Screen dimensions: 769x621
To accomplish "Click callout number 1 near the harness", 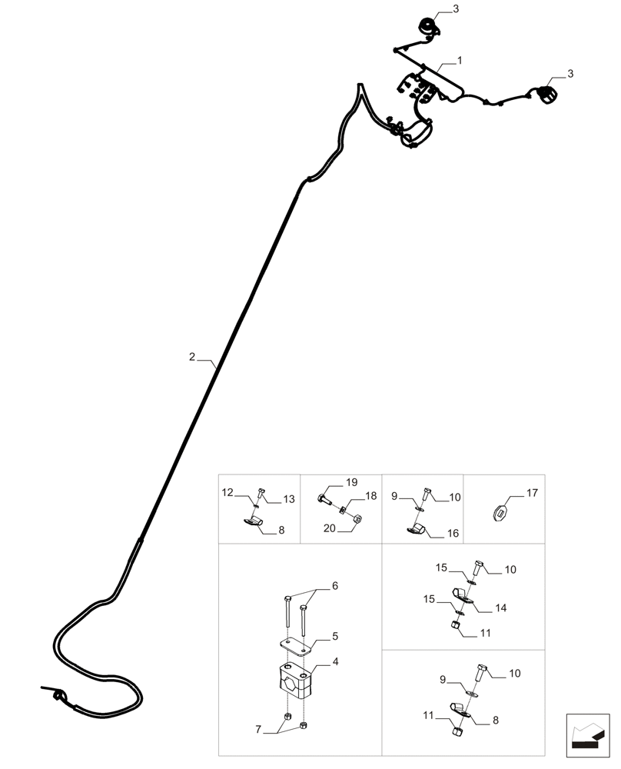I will point(460,60).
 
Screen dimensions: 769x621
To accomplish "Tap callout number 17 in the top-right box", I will point(532,492).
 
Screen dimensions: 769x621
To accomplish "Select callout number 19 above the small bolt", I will point(351,483).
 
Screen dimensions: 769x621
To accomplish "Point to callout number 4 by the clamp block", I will point(336,661).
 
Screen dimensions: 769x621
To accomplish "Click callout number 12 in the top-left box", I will point(227,492).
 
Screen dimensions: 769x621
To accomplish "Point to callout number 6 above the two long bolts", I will point(334,586).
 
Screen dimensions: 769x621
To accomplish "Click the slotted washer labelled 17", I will point(500,509).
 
